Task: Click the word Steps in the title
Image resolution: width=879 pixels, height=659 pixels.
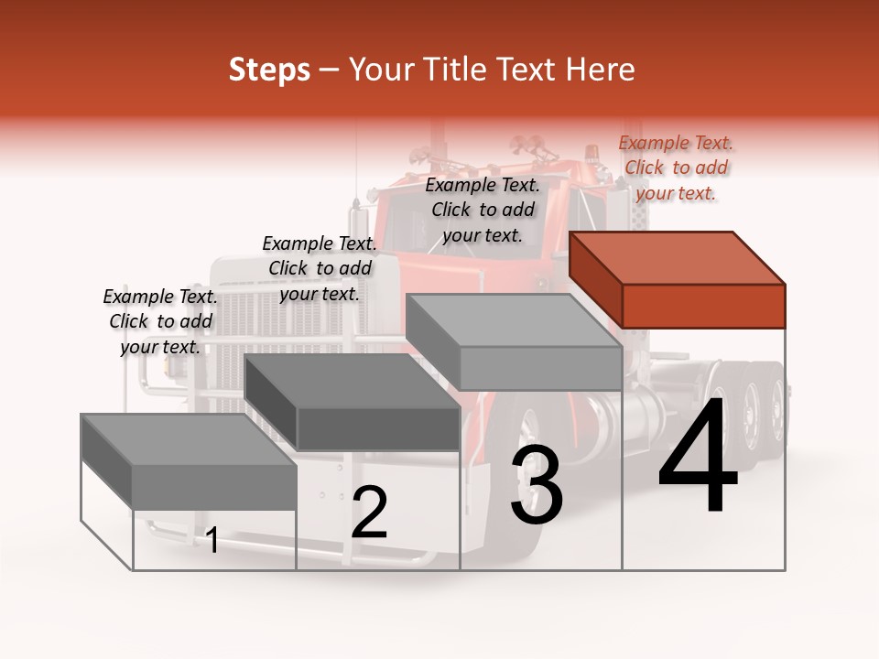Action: (x=269, y=70)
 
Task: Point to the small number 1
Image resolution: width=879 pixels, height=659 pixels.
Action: (x=212, y=540)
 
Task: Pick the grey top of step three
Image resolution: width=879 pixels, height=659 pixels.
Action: (x=514, y=320)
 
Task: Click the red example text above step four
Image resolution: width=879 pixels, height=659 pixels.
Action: (x=676, y=167)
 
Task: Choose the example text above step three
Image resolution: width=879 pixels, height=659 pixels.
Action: (x=483, y=210)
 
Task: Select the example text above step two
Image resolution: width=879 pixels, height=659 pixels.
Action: (x=320, y=268)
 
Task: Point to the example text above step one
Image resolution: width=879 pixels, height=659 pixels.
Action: (x=160, y=321)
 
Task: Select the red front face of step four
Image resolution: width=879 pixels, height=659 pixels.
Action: (x=703, y=306)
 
